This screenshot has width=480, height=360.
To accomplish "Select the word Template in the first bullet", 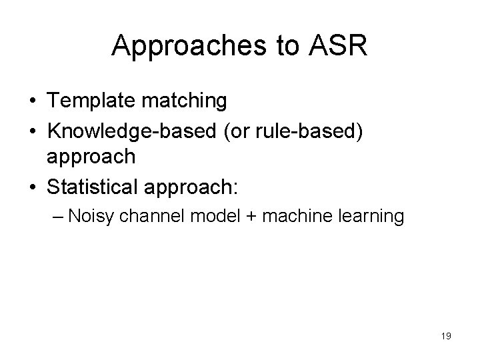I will click(87, 101).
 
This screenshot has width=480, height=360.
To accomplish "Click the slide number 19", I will click(446, 337).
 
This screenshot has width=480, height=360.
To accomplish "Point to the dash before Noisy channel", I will click(73, 217).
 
